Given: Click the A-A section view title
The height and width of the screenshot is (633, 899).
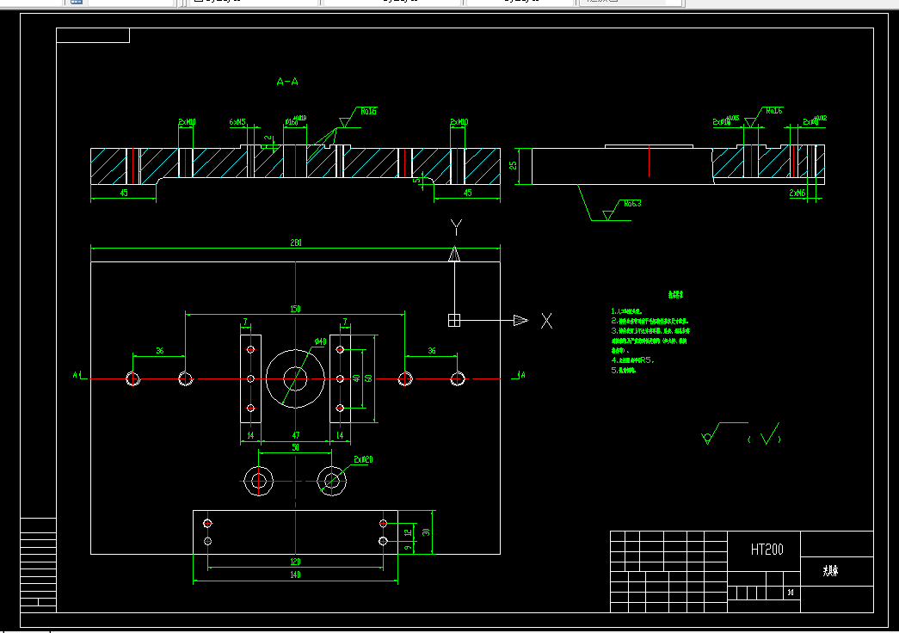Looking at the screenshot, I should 287,83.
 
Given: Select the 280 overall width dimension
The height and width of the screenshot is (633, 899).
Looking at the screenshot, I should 295,243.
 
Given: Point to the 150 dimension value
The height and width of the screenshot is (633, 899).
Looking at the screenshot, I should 295,308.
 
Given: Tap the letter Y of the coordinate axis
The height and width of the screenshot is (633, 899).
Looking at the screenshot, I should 456,227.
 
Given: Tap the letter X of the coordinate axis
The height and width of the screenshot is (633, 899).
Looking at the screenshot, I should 546,321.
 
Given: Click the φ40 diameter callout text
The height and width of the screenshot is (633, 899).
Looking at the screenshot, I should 320,341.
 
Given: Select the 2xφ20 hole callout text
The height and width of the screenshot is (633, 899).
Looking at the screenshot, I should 364,460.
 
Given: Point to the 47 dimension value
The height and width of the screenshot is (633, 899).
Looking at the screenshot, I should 295,436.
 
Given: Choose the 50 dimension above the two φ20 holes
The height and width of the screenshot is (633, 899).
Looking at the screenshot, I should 295,448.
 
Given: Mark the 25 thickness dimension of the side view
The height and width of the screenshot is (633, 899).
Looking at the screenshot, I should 514,166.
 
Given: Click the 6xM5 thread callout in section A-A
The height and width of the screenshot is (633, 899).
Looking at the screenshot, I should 238,122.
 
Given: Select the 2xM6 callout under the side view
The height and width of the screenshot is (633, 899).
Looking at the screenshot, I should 797,194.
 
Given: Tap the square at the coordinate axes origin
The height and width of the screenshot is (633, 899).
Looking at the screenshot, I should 454,320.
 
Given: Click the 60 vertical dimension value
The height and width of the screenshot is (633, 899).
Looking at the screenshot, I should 368,378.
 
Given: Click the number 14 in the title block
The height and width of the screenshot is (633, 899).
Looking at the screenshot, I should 791,593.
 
